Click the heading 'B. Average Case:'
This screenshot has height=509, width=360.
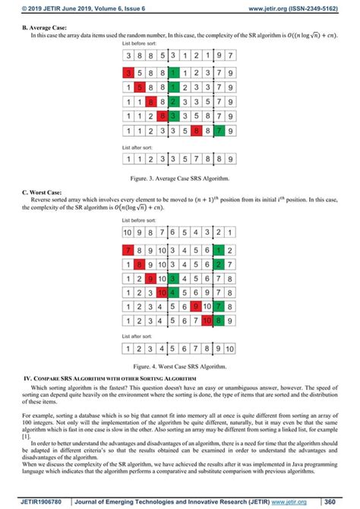click(44, 27)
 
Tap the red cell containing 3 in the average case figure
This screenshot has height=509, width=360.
click(130, 74)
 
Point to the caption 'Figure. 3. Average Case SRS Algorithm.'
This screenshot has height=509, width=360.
click(179, 179)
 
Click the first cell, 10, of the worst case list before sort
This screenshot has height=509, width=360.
click(128, 231)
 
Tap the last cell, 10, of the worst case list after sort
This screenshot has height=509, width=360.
click(230, 349)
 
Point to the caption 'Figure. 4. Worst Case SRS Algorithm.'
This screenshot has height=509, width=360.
click(179, 366)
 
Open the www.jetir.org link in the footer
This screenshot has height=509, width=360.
click(291, 501)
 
